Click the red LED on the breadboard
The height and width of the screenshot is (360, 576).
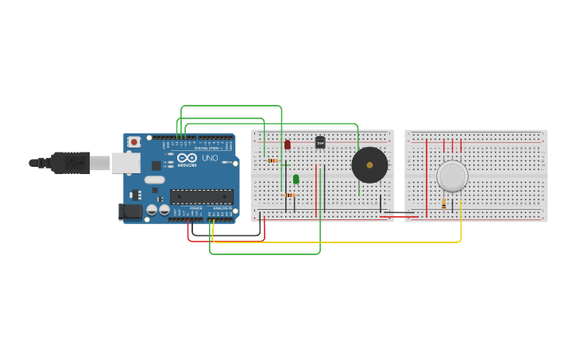coord(288,145)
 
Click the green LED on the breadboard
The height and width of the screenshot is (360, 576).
coord(296,179)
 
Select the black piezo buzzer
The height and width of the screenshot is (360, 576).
coord(369,165)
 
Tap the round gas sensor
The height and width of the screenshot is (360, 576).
coord(452,176)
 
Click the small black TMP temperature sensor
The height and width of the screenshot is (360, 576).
coord(320,142)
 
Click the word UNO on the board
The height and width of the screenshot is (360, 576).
coord(210,158)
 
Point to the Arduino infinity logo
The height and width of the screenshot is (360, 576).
coord(187,157)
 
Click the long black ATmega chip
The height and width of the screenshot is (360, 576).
coord(201,196)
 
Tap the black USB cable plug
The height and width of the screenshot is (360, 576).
coord(70,163)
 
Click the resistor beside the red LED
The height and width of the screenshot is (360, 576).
coord(273,161)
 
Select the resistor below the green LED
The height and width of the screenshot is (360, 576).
coord(289,195)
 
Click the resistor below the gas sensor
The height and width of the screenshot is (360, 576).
coord(444,204)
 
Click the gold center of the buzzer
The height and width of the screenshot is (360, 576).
coord(369,165)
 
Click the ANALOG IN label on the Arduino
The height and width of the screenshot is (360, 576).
coord(222,208)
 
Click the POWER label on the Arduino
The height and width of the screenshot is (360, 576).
coord(196,208)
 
